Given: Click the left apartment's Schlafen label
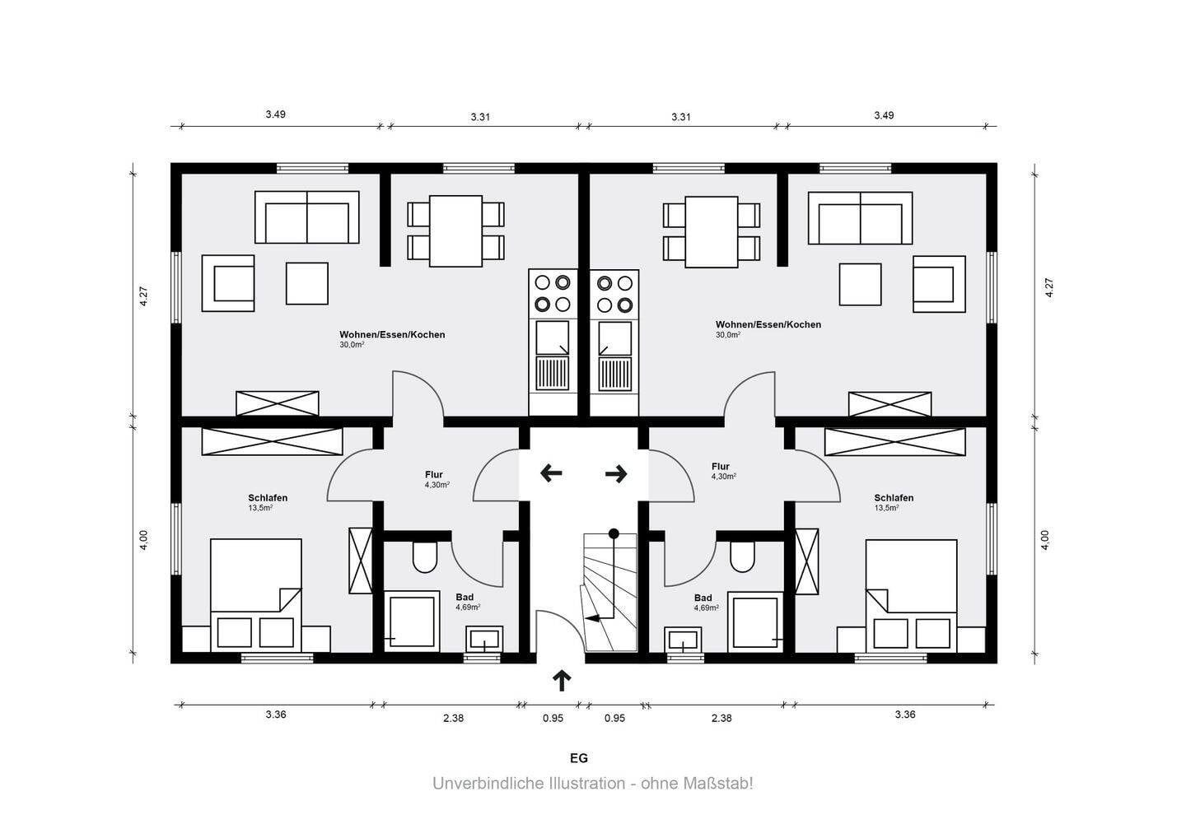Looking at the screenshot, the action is coord(268,498).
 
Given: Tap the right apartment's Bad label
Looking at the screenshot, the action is coord(703,598).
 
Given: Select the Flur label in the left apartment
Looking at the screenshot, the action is coord(433,474).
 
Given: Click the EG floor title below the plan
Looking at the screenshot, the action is coord(579,758).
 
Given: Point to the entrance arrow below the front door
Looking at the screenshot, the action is coord(562,681).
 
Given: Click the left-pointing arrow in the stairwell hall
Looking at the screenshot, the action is coord(551,473).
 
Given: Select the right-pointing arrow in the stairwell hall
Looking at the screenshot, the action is coord(616,473).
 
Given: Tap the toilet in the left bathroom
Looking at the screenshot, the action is coord(425,557).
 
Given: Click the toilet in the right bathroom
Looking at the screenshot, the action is coord(742,557).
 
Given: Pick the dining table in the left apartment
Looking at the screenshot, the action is coord(456,231).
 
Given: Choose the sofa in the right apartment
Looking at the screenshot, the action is coord(860,218).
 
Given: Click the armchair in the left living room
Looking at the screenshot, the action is coord(228,283).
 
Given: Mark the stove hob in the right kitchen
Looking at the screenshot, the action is coord(614,294).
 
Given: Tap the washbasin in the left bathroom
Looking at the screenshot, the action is coord(484,639).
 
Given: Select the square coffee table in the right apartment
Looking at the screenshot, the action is coord(861,285).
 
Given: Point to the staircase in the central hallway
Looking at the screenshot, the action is coord(610,593).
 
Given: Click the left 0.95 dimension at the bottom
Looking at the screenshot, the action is coord(553,719).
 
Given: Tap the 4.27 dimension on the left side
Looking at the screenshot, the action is coord(143,296).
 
